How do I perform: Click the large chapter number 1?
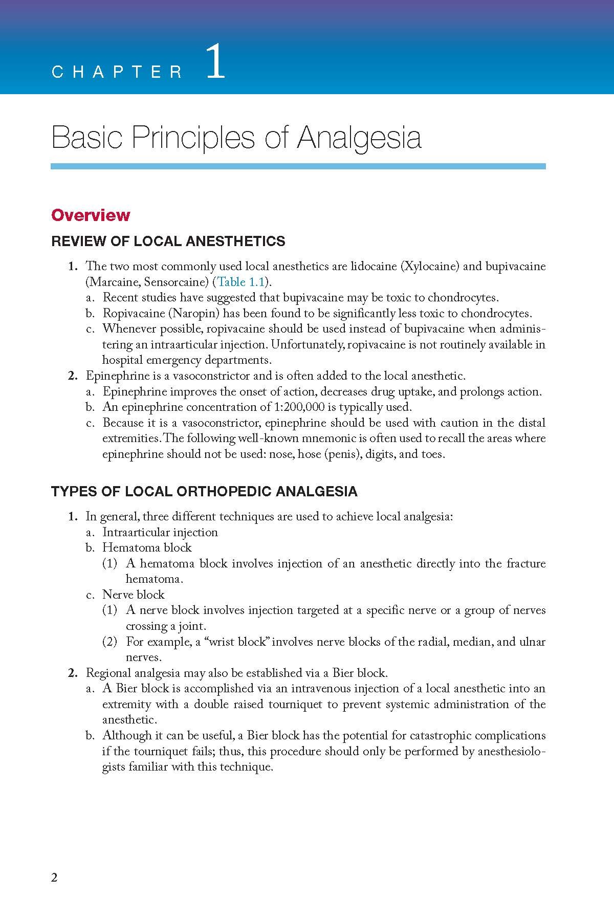coord(215,62)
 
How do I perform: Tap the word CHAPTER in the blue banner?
coord(117,72)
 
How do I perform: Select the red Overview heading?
coord(91,215)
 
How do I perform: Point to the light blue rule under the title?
coord(298,166)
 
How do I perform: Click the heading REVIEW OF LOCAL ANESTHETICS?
coord(168,242)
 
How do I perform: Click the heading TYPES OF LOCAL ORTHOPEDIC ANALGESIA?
coord(204,492)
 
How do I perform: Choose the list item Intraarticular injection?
coord(160,532)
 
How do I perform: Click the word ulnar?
coord(532,642)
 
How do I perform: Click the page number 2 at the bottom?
coord(55,878)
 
